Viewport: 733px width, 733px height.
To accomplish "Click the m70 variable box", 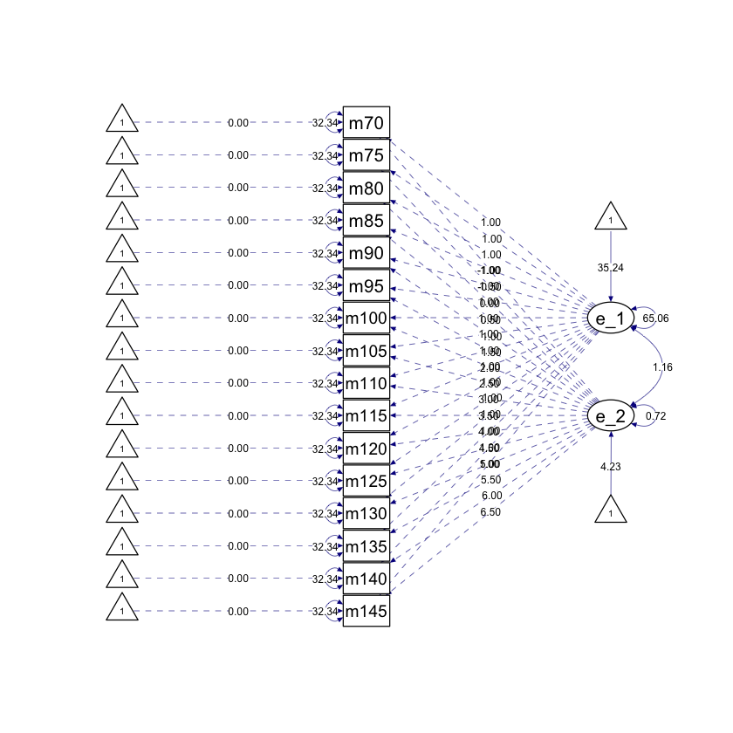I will tap(366, 123).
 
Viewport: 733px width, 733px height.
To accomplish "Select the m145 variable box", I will tap(366, 612).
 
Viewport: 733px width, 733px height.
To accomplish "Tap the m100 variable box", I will tap(366, 319).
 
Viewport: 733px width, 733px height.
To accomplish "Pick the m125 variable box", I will tap(366, 482).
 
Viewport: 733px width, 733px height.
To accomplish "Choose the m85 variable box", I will tap(366, 221).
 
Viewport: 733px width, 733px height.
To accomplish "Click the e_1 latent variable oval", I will tap(610, 319).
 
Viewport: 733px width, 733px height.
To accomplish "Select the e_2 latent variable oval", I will tap(610, 416).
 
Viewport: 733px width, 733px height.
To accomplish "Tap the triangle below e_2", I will tap(611, 510).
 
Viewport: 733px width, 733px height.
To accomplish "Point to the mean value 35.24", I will tap(611, 268).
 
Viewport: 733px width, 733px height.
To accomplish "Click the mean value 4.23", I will tap(611, 467).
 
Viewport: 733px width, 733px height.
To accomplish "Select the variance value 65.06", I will tap(655, 319).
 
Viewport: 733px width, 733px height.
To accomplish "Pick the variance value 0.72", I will tap(655, 416).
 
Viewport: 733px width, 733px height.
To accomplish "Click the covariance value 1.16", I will tap(662, 367).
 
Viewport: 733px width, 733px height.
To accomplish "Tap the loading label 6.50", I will tap(491, 512).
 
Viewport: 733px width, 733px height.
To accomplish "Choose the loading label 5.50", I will tap(491, 480).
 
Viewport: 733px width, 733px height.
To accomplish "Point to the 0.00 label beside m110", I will tap(238, 383).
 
